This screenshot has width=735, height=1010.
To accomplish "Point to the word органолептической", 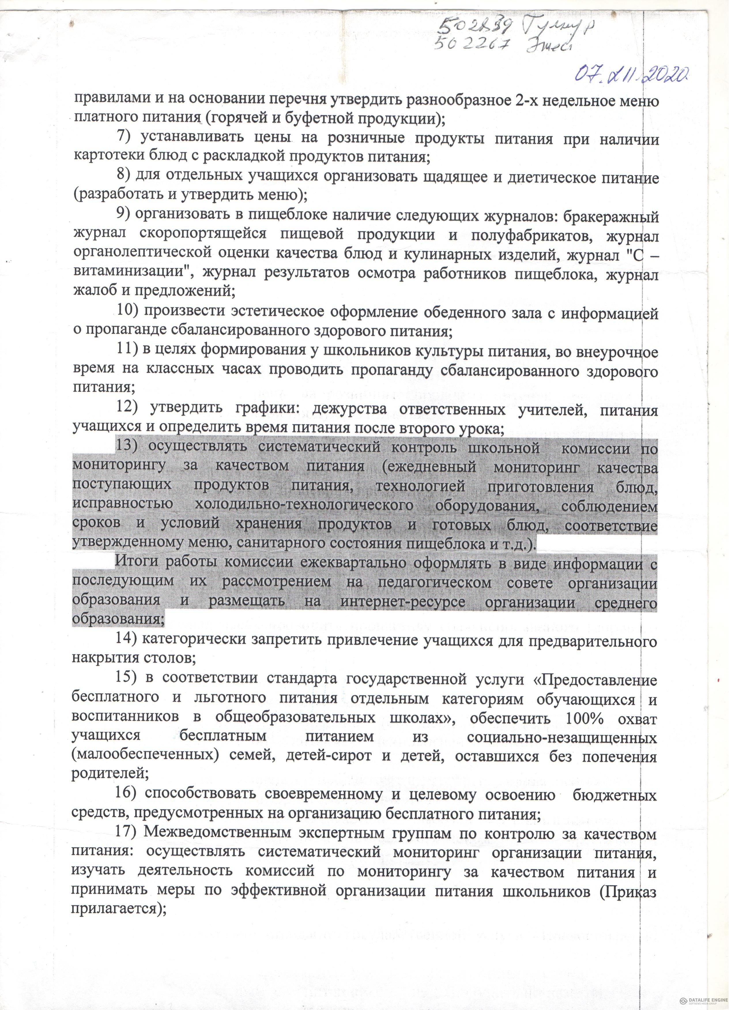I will (x=144, y=254).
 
